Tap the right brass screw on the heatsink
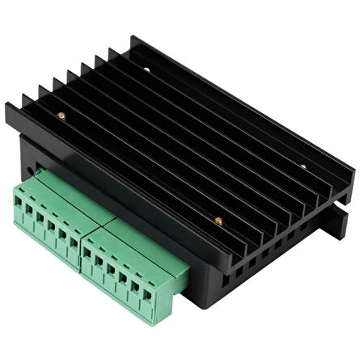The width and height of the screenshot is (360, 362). click(x=217, y=218)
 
